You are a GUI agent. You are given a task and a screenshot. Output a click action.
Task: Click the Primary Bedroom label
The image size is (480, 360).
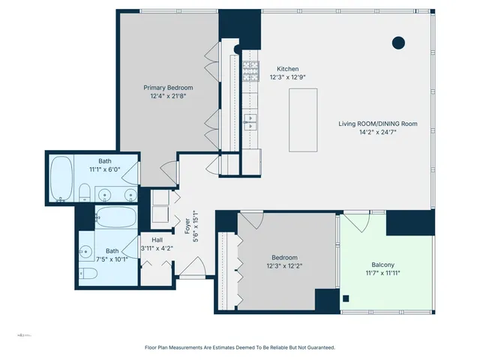pos(163,88)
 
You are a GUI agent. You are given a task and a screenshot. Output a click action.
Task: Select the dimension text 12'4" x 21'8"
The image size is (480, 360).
pos(163,96)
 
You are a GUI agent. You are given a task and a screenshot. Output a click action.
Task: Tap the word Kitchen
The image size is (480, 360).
pos(287,68)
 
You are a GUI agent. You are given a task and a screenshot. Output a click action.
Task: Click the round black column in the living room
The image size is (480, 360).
pos(399,42)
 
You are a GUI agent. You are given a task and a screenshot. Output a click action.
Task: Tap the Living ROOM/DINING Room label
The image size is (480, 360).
pos(378,124)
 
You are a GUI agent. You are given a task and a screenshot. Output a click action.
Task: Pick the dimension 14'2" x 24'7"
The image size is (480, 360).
pos(378,132)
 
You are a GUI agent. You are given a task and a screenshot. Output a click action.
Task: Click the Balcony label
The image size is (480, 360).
pos(387,265)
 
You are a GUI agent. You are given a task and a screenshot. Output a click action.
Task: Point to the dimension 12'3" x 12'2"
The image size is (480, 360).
pos(284,265)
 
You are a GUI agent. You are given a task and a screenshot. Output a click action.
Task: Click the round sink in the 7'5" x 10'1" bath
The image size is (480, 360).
pos(88,253)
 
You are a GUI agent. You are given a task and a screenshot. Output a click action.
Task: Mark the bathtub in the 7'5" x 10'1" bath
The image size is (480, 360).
pos(116,218)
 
